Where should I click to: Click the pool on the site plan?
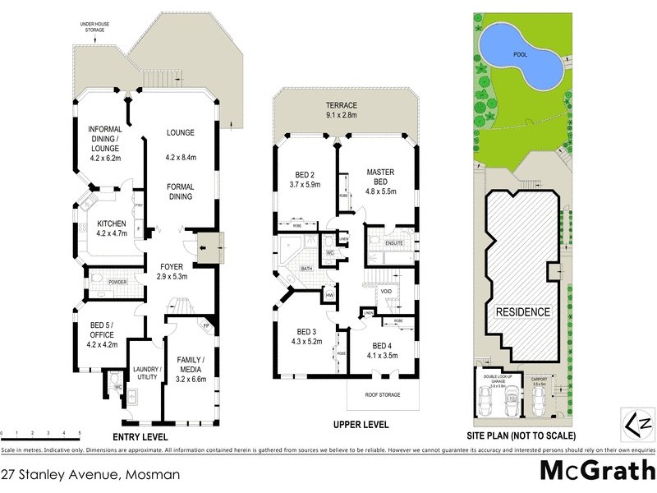coord(521,55)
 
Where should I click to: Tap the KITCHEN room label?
coord(110,228)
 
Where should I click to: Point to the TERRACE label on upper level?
coord(342,110)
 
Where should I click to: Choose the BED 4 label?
coord(384,350)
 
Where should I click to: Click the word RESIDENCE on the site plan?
coord(521,312)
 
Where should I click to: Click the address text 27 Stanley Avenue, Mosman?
coord(90,474)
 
